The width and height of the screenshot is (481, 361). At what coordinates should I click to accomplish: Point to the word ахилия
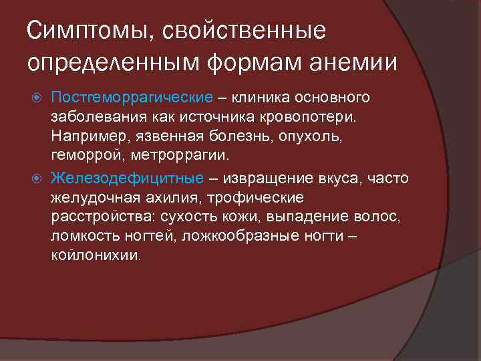tap(176, 198)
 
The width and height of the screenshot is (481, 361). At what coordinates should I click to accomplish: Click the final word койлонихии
tap(96, 256)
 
